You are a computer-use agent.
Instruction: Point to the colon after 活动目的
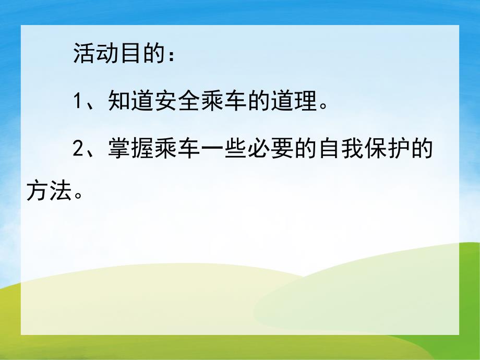point(170,55)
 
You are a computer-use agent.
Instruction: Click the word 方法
point(47,193)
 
